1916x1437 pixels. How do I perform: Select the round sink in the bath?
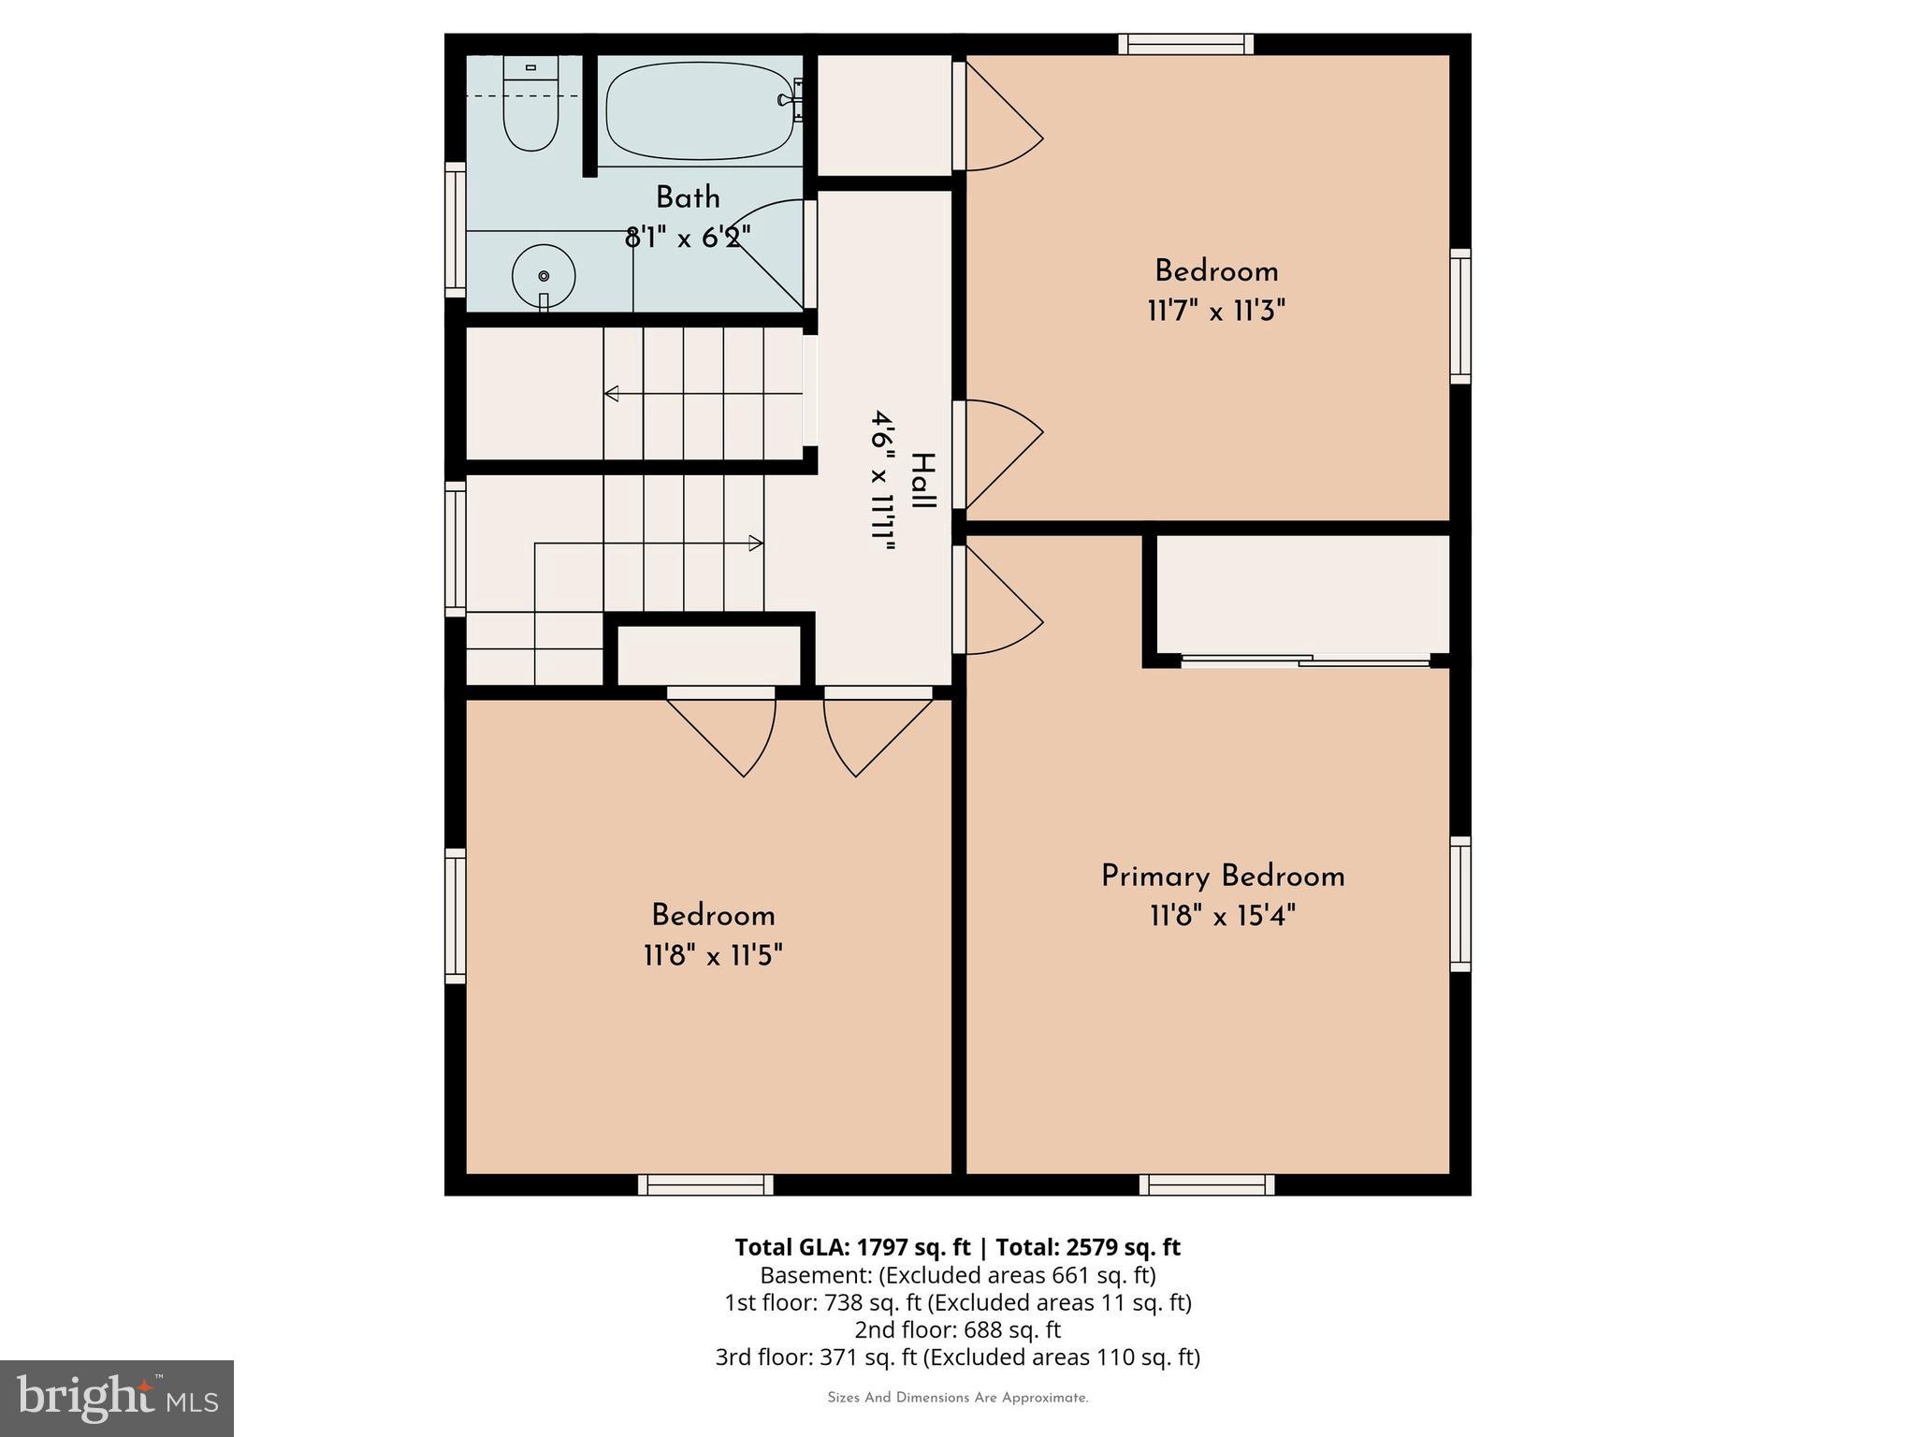(x=544, y=276)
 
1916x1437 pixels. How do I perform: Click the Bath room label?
(x=688, y=197)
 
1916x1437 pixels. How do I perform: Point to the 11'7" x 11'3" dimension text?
(x=1216, y=311)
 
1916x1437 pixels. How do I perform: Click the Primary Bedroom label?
(x=1222, y=877)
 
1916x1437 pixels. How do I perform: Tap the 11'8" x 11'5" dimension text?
(x=713, y=955)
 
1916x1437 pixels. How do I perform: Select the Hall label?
(x=922, y=481)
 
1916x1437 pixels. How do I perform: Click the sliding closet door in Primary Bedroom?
(x=1306, y=660)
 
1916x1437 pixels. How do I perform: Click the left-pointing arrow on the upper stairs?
(x=612, y=394)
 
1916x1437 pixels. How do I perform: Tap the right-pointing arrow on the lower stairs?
(x=755, y=543)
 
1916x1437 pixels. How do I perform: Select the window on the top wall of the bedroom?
(x=1186, y=44)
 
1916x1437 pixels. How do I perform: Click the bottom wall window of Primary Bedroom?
(x=1207, y=1184)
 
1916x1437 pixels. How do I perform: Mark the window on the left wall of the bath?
(x=455, y=229)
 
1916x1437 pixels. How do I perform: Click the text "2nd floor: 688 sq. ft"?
(x=957, y=1329)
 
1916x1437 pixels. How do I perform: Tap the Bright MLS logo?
(x=117, y=1398)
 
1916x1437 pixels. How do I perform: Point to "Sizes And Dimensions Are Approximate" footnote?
(x=957, y=1398)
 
